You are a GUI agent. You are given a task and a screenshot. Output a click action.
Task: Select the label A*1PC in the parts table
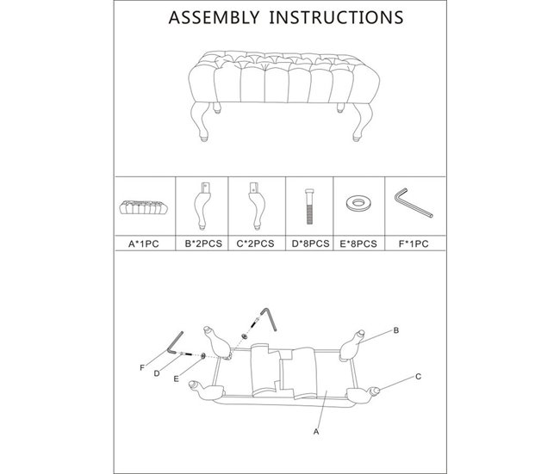click(x=143, y=243)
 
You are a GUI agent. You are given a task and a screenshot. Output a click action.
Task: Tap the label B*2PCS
click(x=203, y=243)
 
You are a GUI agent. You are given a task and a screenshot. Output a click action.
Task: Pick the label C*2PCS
click(x=255, y=243)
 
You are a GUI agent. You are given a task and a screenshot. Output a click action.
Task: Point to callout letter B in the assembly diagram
click(x=395, y=330)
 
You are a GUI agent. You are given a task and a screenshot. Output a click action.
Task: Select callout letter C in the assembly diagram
click(x=419, y=376)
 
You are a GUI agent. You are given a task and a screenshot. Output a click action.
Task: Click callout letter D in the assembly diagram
click(x=157, y=373)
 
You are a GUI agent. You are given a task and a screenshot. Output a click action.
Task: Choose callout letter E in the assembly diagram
click(x=176, y=379)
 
